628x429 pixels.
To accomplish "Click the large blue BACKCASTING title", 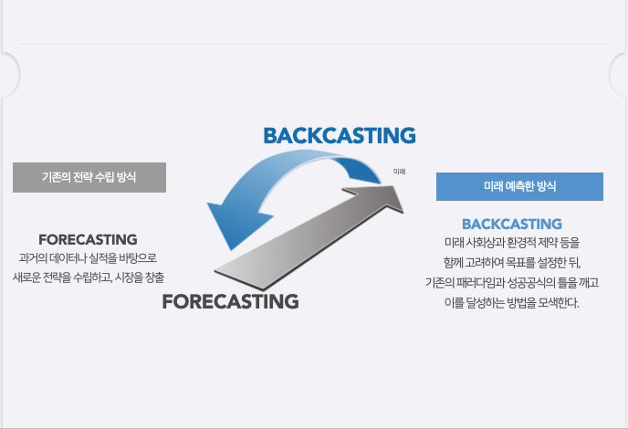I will pos(339,135).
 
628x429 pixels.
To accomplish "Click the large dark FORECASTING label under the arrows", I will pos(230,301).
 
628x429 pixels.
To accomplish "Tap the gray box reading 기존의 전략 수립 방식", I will pos(89,177).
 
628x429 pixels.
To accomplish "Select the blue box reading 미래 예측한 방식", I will pos(519,185).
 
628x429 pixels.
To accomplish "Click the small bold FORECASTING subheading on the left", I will pos(88,239).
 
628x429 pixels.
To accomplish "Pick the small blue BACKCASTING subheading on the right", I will pos(511,224).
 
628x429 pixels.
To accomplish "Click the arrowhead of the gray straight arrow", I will pos(388,194).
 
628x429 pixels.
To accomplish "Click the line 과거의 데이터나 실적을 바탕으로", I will pos(89,257).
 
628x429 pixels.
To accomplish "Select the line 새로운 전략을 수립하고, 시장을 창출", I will pos(89,276).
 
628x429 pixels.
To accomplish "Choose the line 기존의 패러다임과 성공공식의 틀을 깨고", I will pos(511,281).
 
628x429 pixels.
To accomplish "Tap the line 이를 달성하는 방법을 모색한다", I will pos(511,301).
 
